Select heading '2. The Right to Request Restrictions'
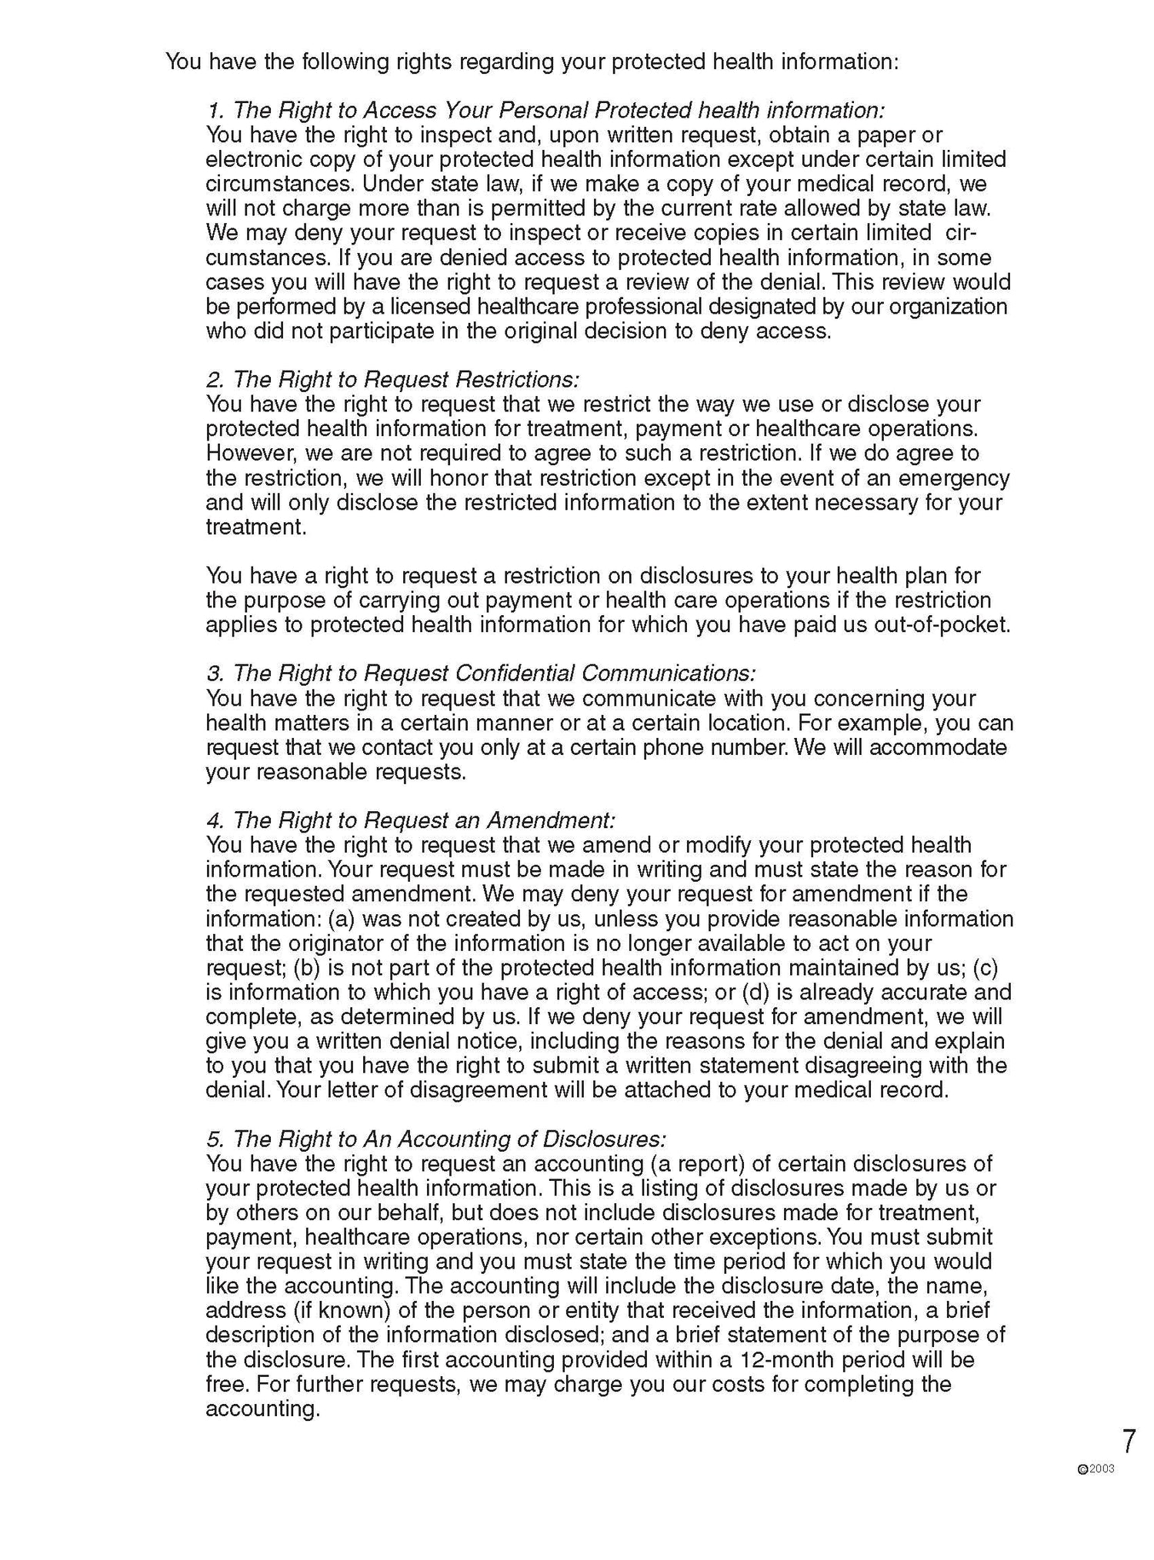pyautogui.click(x=392, y=379)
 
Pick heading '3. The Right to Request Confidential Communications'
pyautogui.click(x=481, y=673)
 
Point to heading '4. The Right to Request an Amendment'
pyautogui.click(x=411, y=820)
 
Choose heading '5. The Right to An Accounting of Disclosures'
pyautogui.click(x=435, y=1139)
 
